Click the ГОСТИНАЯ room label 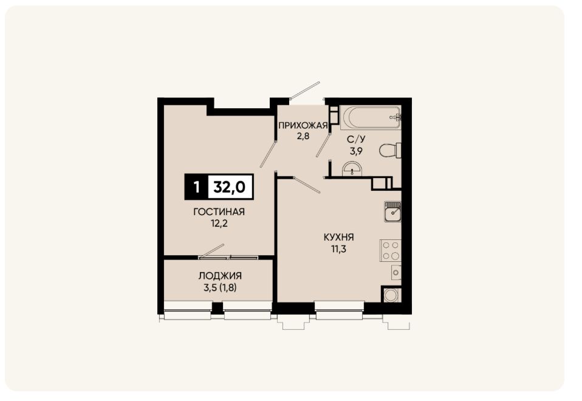(x=219, y=211)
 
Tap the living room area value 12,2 (x=219, y=224)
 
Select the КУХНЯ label (x=339, y=237)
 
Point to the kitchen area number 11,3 (x=339, y=248)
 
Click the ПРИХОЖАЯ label (x=303, y=126)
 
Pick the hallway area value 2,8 (x=303, y=136)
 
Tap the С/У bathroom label (x=357, y=140)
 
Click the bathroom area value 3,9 (x=357, y=151)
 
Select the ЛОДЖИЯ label (x=220, y=276)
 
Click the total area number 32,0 (x=230, y=187)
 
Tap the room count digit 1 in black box (x=196, y=187)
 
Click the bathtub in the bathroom (x=371, y=117)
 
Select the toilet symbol (x=391, y=151)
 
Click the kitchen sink (x=392, y=211)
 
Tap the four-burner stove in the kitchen (x=391, y=250)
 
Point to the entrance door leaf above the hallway (x=305, y=91)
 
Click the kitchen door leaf (x=306, y=185)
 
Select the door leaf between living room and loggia (x=212, y=250)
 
